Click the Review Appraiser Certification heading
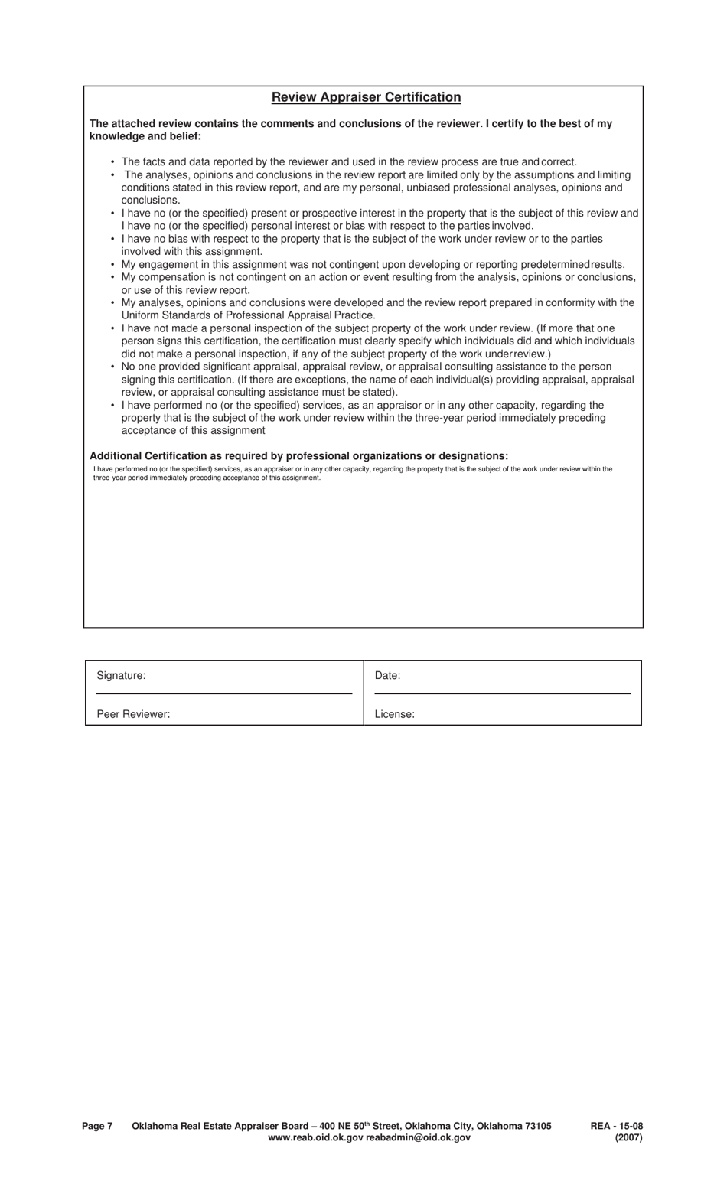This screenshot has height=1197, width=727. click(366, 97)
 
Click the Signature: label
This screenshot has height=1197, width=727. click(121, 675)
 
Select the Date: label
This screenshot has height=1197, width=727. click(387, 675)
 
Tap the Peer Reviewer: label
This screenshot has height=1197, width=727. click(133, 714)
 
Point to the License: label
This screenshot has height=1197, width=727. click(394, 714)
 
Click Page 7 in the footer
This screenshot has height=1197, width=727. click(97, 1126)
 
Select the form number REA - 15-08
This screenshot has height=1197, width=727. click(616, 1126)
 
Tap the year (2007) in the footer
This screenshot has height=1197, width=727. click(628, 1137)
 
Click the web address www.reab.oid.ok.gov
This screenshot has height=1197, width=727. click(315, 1137)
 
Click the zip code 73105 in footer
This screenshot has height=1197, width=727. click(537, 1126)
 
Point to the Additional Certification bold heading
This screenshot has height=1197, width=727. click(298, 455)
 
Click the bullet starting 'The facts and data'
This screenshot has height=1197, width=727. click(348, 161)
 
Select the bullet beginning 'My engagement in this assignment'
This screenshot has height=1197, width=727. click(373, 264)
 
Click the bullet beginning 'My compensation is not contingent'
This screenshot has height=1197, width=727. click(378, 277)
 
